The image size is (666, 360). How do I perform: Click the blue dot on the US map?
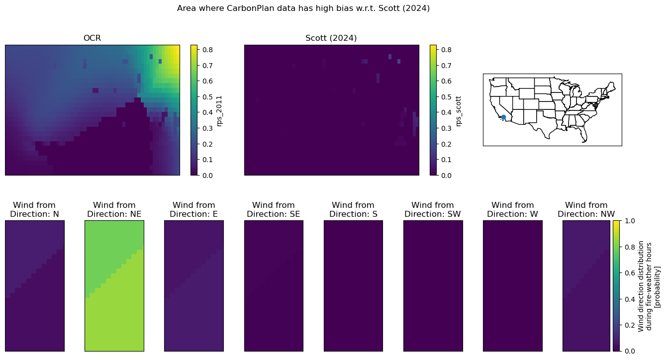503,117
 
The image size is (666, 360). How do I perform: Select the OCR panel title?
92,38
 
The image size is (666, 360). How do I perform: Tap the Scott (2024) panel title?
331,38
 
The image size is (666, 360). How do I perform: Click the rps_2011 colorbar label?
219,111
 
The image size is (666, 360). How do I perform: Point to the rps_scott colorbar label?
459,111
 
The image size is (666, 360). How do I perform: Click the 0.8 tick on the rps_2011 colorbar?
207,50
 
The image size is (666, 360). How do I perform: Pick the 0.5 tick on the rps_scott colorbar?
446,97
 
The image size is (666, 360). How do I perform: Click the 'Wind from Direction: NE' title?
114,209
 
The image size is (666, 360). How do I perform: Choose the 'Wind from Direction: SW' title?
433,209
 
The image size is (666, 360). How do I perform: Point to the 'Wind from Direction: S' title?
353,209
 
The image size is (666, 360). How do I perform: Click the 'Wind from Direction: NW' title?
586,209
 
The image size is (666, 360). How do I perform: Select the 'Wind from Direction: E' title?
193,209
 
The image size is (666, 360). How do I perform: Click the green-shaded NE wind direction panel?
114,286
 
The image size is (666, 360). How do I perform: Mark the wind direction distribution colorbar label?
649,286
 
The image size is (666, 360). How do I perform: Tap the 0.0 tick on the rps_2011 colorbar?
207,176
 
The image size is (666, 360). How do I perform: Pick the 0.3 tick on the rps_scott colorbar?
446,128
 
